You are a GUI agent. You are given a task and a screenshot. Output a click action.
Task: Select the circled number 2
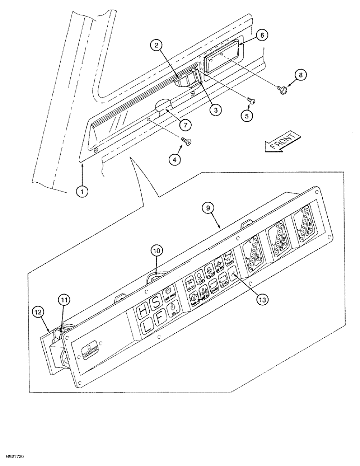tap(157, 45)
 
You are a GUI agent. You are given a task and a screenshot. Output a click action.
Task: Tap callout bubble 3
tap(215, 110)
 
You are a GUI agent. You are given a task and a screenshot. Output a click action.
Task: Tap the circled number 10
tap(157, 251)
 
